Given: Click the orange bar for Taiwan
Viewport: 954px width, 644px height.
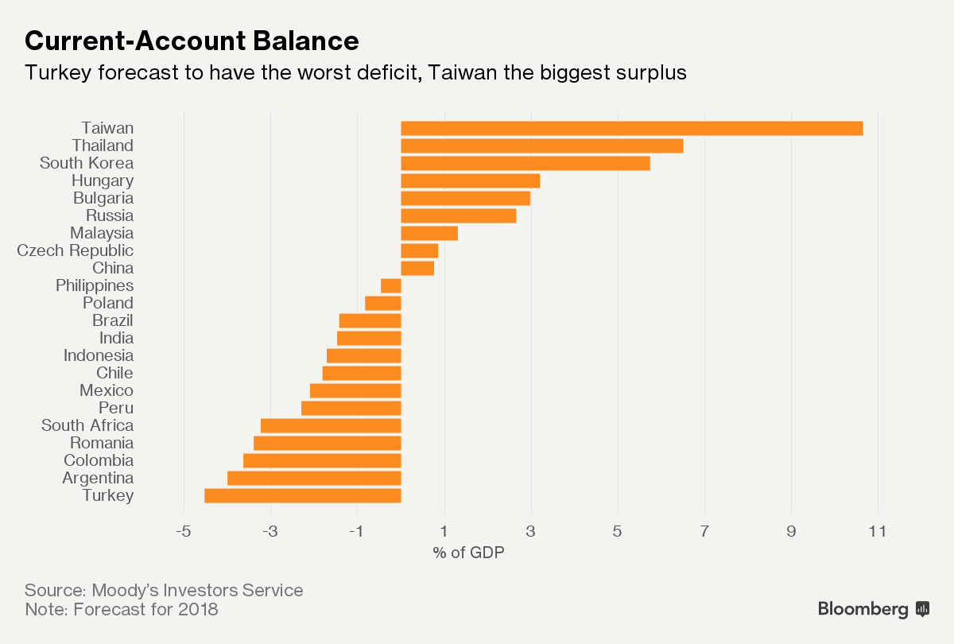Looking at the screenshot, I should [x=631, y=128].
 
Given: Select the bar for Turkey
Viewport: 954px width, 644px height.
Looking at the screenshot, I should [x=302, y=495].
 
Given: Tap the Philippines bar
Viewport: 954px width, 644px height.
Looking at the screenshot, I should [x=390, y=285].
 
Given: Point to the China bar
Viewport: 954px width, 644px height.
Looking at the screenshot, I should [x=417, y=268].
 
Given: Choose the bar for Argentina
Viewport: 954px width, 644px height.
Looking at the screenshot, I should [x=314, y=478].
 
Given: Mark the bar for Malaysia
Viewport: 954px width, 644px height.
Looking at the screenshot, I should [x=429, y=233].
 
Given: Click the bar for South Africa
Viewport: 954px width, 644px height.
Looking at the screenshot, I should [x=331, y=425].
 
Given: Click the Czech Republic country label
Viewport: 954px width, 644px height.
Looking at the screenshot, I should [x=76, y=250].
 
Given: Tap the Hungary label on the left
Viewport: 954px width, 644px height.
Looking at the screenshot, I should [x=102, y=180].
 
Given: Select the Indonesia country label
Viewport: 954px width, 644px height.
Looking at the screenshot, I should [x=99, y=355].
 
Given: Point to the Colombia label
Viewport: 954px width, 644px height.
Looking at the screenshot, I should [x=99, y=460].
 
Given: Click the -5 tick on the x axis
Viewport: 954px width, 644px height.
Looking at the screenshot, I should [x=184, y=531].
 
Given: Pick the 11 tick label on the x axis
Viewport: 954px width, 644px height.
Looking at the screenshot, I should [x=878, y=531].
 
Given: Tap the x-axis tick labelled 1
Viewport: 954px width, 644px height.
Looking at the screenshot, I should [x=444, y=531].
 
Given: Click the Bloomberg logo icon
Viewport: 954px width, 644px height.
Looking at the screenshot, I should [x=923, y=609].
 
